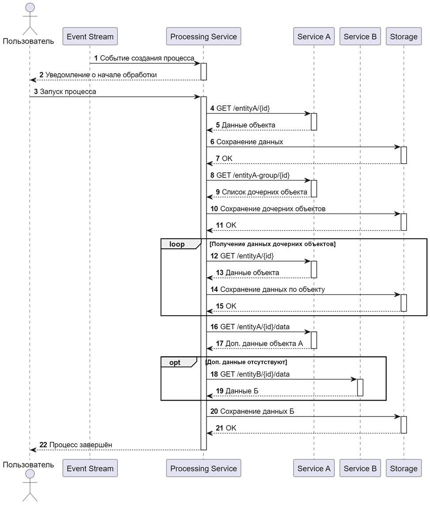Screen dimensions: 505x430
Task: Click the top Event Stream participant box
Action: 90,37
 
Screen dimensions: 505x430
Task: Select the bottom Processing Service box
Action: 204,468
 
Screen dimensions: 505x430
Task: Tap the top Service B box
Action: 360,37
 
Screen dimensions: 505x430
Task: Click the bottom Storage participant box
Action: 404,468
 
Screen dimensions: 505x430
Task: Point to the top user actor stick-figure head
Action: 30,8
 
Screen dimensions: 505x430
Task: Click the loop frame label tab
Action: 178,244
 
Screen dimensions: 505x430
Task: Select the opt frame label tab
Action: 176,363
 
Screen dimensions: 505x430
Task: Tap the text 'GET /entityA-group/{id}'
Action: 253,175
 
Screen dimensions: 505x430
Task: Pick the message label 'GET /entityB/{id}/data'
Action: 255,374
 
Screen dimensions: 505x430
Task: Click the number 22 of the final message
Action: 43,445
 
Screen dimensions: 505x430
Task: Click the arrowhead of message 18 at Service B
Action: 354,379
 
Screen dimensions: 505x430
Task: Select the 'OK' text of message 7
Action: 227,158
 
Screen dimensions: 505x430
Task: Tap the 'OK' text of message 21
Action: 231,428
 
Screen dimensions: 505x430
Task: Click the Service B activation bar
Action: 360,388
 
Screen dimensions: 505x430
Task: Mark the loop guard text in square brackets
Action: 272,244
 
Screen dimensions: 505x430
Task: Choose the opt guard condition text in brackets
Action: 246,362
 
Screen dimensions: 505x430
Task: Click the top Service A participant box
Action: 314,37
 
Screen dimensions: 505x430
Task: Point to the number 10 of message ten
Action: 214,209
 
